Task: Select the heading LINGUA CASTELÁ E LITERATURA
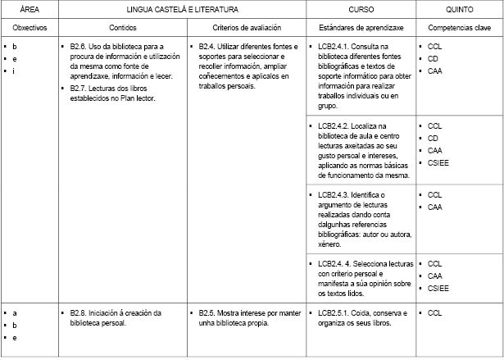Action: tap(182, 10)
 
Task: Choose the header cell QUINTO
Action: tap(458, 10)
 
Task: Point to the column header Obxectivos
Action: tap(30, 27)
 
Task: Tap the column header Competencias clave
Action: tap(458, 27)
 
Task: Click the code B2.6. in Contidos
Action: tap(80, 47)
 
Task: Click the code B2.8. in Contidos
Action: tap(80, 312)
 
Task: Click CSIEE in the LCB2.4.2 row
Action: tap(439, 163)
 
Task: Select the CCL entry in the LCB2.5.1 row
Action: tap(435, 312)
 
